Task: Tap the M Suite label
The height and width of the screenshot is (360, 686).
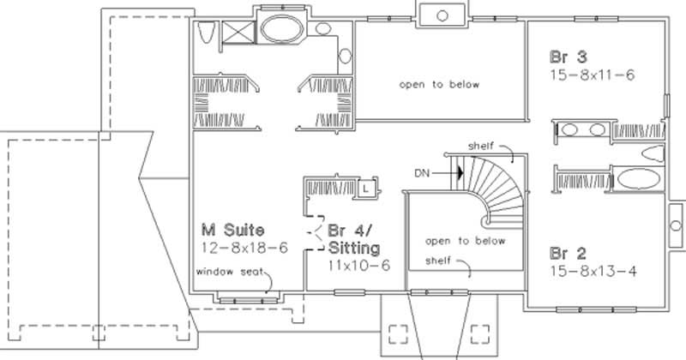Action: (x=232, y=230)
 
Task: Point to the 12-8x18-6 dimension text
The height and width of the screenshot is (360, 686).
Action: (x=244, y=248)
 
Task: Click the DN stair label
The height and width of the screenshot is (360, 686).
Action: (x=421, y=173)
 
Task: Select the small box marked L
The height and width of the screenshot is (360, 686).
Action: (x=365, y=185)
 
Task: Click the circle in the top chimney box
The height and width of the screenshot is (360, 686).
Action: (x=442, y=15)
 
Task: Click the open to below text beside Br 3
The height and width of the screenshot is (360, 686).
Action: (x=438, y=85)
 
